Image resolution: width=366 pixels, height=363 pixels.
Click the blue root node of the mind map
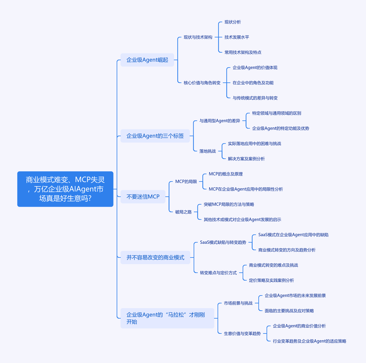[x=65, y=189]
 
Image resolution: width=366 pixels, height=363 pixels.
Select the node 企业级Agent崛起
[x=147, y=60]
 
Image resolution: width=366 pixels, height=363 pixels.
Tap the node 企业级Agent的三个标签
[x=155, y=136]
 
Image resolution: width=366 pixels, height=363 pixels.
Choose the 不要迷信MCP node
[x=143, y=196]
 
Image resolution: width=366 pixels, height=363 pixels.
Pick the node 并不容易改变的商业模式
[x=155, y=257]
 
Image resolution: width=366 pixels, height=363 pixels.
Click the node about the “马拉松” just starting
[x=167, y=318]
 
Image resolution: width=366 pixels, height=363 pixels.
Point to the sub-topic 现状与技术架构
[x=198, y=37]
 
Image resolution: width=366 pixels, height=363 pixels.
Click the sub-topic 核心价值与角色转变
[x=202, y=83]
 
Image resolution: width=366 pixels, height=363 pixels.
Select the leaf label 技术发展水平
[x=237, y=37]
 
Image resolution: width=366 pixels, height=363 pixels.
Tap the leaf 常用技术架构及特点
[x=243, y=52]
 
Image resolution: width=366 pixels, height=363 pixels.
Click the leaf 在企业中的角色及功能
[x=253, y=83]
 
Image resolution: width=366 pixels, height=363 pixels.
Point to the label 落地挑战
[x=207, y=151]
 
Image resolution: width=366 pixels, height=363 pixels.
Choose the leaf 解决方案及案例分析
[x=246, y=159]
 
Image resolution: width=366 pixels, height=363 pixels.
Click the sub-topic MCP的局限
[x=186, y=181]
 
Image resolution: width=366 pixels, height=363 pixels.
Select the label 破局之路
[x=183, y=212]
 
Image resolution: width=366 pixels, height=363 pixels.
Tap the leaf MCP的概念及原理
[x=226, y=174]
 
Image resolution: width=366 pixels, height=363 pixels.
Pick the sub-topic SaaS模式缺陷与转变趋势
[x=223, y=242]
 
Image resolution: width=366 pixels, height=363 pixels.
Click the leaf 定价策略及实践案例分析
[x=271, y=280]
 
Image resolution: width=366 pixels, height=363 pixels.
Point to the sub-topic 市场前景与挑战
[x=238, y=303]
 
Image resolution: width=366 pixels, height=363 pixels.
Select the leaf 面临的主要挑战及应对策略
[x=289, y=311]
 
